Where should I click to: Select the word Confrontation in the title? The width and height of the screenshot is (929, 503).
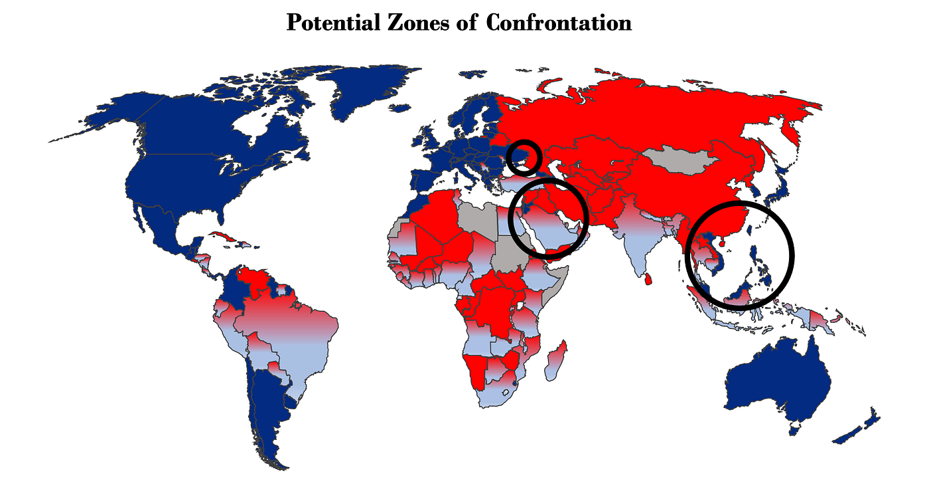point(558,23)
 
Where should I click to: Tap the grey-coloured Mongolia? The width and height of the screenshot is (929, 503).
point(680,161)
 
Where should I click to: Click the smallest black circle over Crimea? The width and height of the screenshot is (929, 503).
point(524,157)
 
